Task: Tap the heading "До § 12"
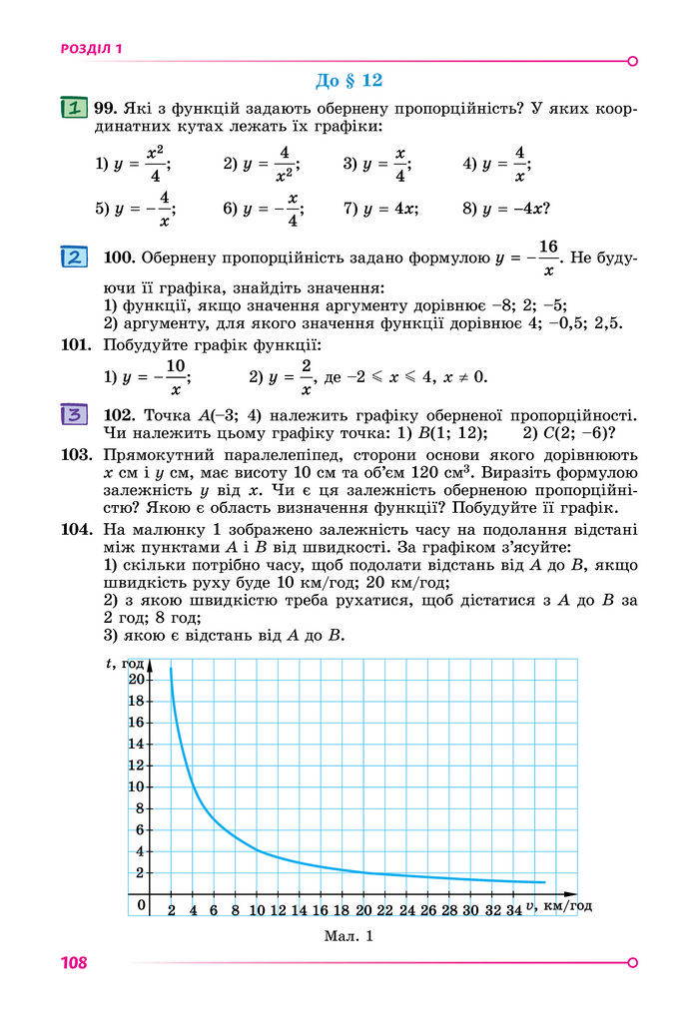348,80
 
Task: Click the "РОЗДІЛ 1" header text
91,48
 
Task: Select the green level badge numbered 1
72,107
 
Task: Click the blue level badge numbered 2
74,257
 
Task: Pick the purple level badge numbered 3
74,413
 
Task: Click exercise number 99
107,108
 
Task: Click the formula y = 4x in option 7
389,209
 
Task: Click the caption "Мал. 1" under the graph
347,935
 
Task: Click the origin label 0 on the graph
142,905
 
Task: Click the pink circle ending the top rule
632,61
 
